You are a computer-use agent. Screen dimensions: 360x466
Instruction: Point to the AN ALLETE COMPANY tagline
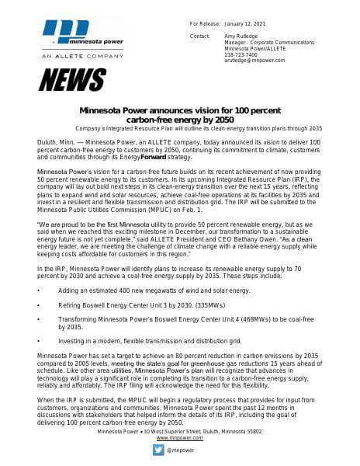68,57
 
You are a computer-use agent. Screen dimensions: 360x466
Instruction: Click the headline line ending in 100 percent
180,111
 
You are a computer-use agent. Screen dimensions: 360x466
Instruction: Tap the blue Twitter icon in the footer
157,450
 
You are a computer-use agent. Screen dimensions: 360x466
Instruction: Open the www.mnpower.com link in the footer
179,438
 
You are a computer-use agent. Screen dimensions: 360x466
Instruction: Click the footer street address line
179,431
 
